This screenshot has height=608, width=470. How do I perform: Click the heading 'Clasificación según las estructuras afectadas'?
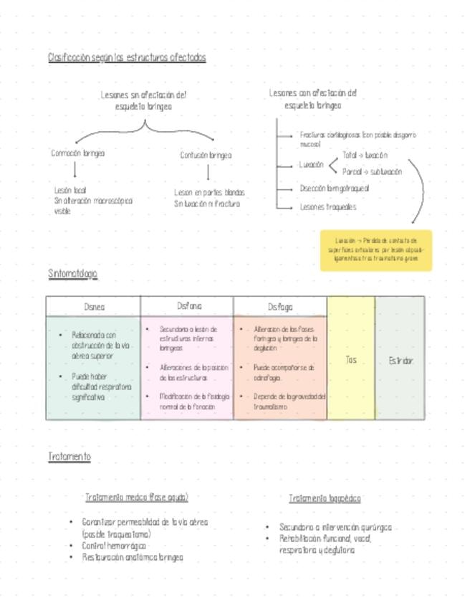point(127,57)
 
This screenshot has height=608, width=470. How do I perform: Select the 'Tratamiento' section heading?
point(69,457)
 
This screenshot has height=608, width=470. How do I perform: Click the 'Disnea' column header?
point(94,307)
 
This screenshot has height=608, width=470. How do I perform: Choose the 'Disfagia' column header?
point(280,307)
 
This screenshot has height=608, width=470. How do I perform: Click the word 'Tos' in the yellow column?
point(351,360)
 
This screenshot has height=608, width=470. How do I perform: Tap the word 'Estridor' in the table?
point(401,361)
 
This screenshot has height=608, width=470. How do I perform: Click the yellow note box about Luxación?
point(375,250)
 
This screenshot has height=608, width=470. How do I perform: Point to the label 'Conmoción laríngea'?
point(77,153)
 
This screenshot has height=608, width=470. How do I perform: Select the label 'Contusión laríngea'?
point(206,155)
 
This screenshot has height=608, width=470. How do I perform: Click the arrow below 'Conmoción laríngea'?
point(75,170)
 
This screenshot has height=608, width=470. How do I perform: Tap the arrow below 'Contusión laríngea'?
point(208,173)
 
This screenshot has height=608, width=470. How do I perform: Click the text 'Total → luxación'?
point(365,155)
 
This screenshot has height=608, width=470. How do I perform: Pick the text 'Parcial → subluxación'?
point(372,172)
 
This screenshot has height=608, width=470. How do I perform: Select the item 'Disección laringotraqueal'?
point(335,189)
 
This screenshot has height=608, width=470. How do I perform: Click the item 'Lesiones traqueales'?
point(327,207)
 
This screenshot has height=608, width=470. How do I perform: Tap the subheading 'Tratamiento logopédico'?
point(325,498)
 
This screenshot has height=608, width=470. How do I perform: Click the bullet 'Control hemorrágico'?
point(114,546)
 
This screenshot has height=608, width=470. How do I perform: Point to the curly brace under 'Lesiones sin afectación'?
point(146,128)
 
